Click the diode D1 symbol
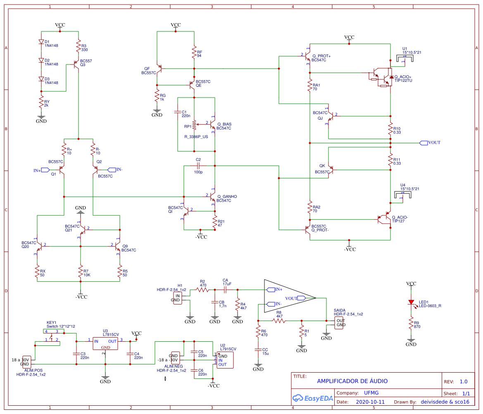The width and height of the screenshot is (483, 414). [x=41, y=42]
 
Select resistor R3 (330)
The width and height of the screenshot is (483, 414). [x=78, y=46]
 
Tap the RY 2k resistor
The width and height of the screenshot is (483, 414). [x=41, y=102]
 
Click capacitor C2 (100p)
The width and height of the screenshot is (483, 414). [x=198, y=166]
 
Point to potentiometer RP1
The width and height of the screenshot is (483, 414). [x=194, y=124]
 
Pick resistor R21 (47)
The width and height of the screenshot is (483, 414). [x=215, y=219]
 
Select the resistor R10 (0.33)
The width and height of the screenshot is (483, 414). [x=390, y=129]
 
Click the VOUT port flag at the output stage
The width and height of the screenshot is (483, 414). [x=424, y=143]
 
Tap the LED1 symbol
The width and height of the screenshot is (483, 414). [x=411, y=302]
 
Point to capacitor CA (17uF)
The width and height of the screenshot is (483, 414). [x=226, y=290]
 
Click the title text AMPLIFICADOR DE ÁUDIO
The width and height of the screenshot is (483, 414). [x=352, y=381]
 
